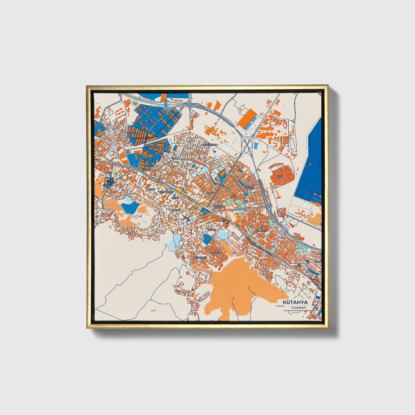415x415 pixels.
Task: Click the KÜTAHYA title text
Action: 295,302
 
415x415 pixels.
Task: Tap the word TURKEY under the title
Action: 298,308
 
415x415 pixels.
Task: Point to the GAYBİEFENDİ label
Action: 209,145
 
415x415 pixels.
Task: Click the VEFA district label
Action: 280,176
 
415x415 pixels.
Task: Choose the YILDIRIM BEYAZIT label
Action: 249,187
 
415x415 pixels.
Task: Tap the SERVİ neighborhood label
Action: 209,193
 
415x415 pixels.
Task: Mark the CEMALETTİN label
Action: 167,192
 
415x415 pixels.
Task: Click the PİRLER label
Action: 175,198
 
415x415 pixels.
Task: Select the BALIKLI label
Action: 175,210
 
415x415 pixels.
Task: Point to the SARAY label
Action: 211,230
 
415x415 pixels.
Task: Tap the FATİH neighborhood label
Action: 264,231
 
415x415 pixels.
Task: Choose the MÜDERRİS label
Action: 201,258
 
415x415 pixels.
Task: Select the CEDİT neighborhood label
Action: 151,190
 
